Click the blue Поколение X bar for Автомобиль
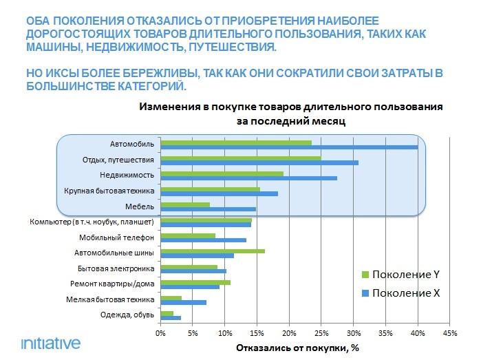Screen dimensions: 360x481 (x=289, y=147)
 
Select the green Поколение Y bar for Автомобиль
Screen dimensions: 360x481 (x=236, y=142)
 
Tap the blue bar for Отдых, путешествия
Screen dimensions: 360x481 (x=259, y=162)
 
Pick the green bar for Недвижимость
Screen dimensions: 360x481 (x=222, y=173)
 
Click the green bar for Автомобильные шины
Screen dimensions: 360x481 (x=213, y=251)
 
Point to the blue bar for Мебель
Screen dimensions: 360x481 (x=208, y=209)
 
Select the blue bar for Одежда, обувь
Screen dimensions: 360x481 (x=171, y=318)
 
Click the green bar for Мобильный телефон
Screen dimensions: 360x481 (x=188, y=235)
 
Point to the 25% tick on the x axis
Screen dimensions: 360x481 (x=321, y=334)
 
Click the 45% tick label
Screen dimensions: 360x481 (x=449, y=334)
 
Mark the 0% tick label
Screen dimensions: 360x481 (x=160, y=334)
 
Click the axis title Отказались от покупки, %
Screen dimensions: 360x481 (x=297, y=348)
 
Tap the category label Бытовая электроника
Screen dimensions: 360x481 (x=116, y=268)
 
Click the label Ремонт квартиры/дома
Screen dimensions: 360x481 (x=113, y=284)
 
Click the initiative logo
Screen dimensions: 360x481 (x=50, y=342)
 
